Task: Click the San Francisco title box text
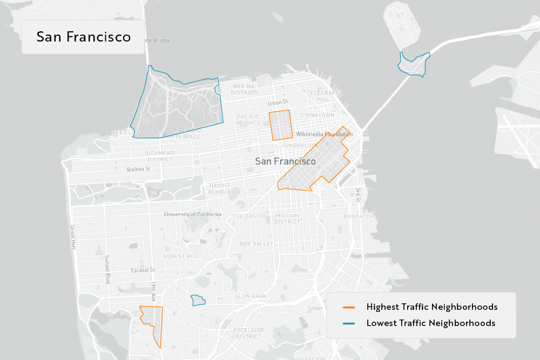[84, 37]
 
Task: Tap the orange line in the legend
[349, 307]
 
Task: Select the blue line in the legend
[349, 323]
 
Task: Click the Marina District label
[244, 90]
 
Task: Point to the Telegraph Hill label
[323, 96]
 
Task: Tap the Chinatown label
[318, 115]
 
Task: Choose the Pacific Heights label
[248, 120]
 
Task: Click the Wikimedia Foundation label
[324, 134]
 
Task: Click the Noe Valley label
[256, 244]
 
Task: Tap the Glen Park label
[251, 296]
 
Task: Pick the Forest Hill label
[181, 256]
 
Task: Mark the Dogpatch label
[359, 216]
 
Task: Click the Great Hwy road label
[73, 237]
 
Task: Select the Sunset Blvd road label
[107, 268]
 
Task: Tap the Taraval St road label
[143, 270]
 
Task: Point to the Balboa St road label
[139, 169]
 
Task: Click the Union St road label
[278, 102]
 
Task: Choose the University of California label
[193, 214]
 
